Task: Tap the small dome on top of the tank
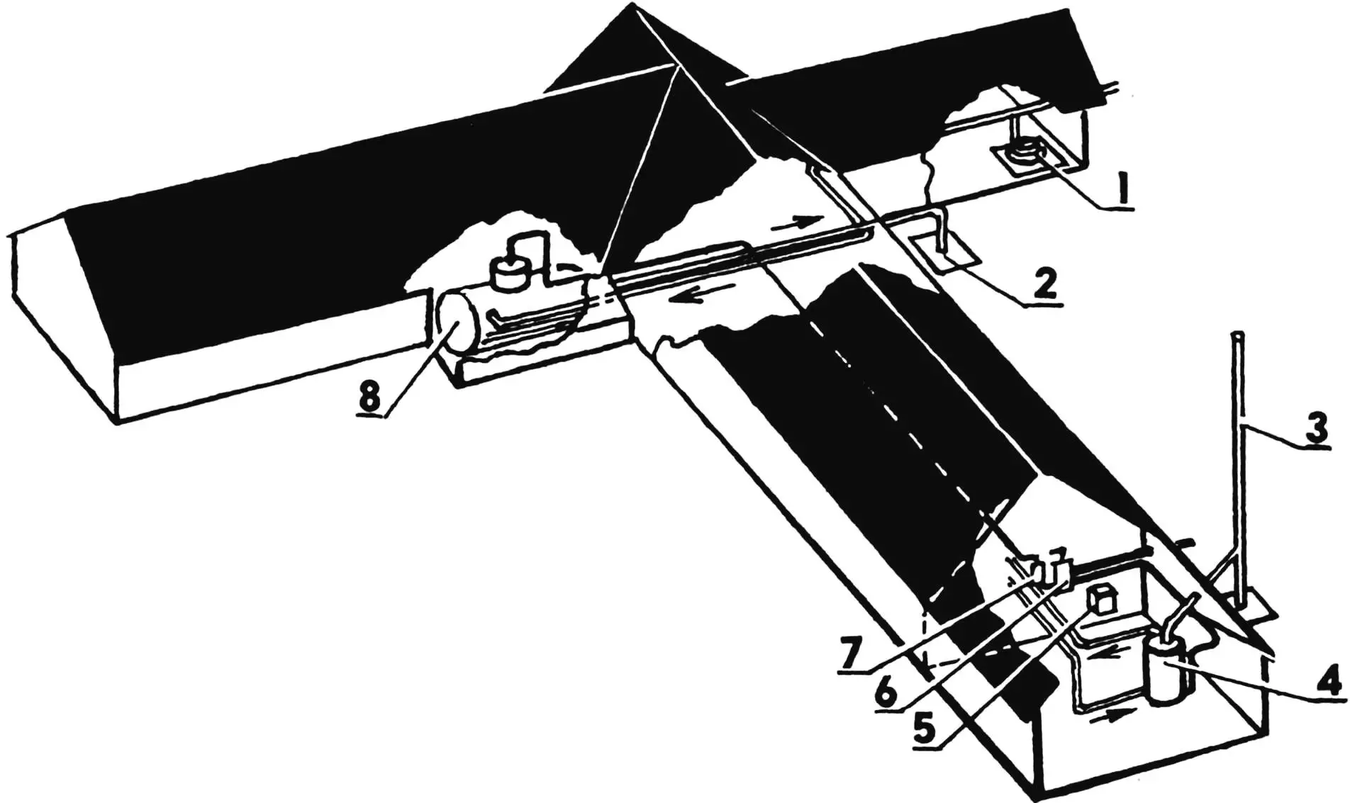512,273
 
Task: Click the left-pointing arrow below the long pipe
687,298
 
